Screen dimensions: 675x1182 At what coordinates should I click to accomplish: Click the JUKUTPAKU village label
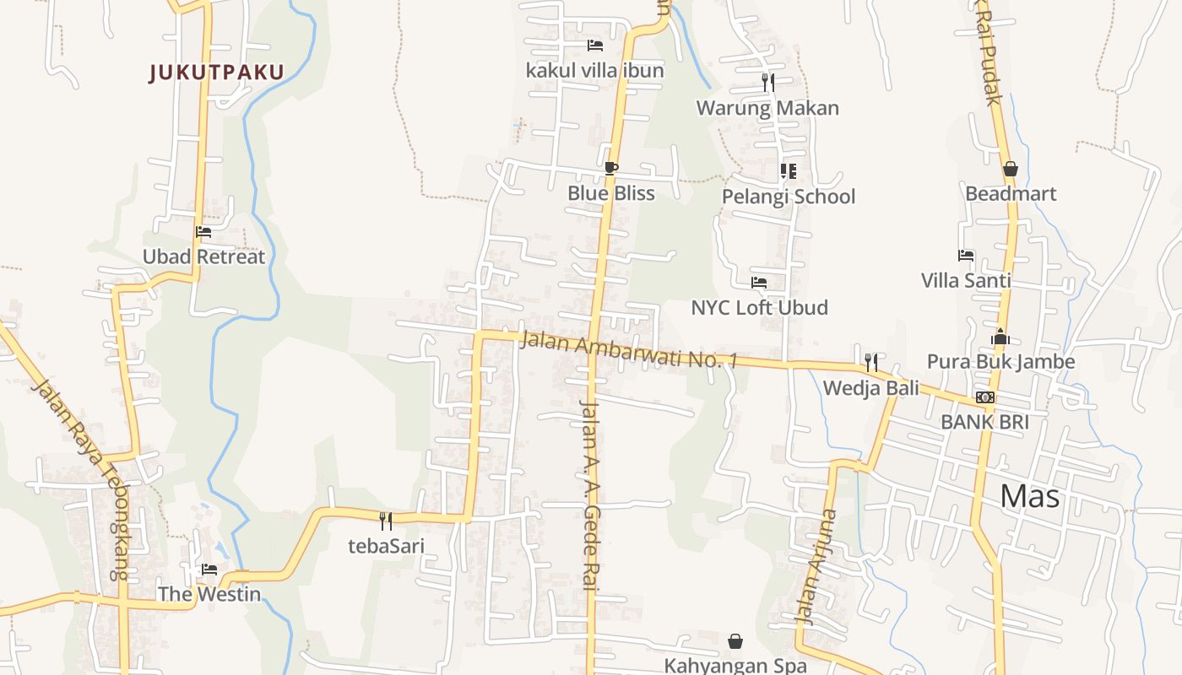pos(217,73)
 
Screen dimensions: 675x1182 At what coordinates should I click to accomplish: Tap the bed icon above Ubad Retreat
pos(203,232)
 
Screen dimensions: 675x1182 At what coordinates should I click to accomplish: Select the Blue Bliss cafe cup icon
pos(611,169)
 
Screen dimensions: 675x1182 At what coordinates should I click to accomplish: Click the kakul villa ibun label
pos(594,70)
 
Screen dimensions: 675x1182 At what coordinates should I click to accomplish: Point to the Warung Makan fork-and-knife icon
pos(767,82)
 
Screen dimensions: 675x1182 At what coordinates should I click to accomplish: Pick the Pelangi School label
pos(788,197)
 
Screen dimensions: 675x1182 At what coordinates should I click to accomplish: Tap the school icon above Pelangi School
pos(789,171)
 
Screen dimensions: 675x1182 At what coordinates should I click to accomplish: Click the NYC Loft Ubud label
pos(759,307)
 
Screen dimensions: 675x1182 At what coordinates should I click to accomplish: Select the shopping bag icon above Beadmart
pos(1010,169)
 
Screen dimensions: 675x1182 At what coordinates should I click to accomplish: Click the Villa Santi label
pos(966,280)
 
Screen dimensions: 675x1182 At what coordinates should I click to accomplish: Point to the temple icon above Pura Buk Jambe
pos(1000,337)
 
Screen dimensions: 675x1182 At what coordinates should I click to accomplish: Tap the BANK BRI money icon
pos(984,397)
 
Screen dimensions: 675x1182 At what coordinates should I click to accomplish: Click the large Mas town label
pos(1029,496)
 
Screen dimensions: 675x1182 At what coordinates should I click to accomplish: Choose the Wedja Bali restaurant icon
pos(871,363)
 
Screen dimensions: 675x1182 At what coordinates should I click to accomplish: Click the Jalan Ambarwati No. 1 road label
pos(629,350)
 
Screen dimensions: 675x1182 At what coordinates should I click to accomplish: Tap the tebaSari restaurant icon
pos(386,521)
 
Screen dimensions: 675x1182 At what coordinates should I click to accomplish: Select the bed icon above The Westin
pos(209,570)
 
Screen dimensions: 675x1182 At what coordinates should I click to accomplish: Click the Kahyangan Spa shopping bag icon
pos(735,641)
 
